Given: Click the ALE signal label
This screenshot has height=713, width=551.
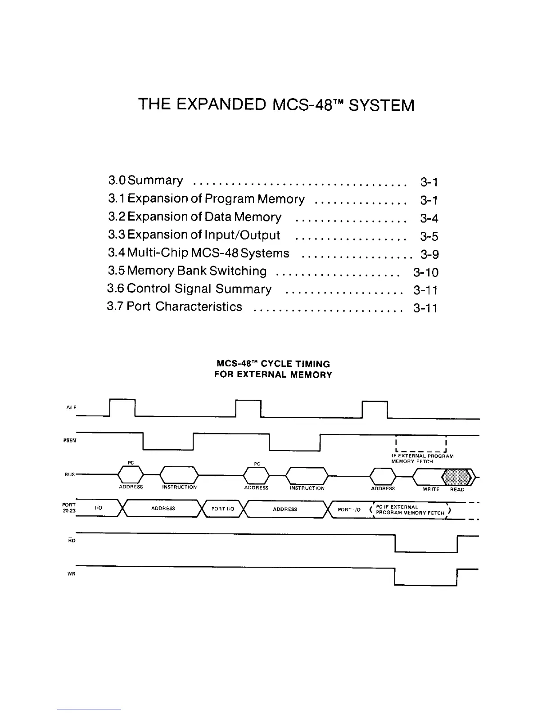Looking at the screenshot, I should coord(71,407).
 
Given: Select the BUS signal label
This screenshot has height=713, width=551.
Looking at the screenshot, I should coord(69,474).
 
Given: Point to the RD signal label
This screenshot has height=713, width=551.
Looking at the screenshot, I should coord(72,540).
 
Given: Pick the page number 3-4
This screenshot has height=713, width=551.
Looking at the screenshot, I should coord(429,218).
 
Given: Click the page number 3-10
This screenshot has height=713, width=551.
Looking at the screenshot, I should coord(425,272).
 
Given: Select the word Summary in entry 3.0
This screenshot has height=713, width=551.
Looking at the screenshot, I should coord(155,181).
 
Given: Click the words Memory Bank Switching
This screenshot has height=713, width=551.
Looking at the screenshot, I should coord(197,271).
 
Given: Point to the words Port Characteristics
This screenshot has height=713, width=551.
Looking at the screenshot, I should coord(184,307).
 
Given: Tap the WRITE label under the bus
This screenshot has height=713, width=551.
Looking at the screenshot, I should coord(431,489).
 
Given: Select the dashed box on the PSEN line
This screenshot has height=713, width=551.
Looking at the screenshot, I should coord(420,443).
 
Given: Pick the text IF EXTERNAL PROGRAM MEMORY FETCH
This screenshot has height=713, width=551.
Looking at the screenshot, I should coord(422,458).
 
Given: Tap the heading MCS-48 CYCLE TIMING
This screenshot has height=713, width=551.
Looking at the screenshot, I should coord(273,364).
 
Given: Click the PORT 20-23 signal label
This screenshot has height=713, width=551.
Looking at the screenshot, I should coord(69,508).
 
